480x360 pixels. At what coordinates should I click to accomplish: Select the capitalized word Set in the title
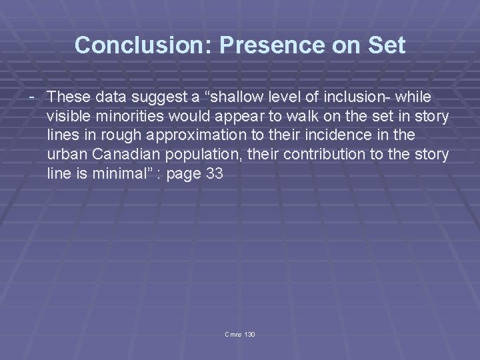(x=387, y=45)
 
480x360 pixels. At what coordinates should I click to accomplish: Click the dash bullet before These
(x=31, y=97)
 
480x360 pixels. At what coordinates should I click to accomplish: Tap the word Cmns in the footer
(x=232, y=333)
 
